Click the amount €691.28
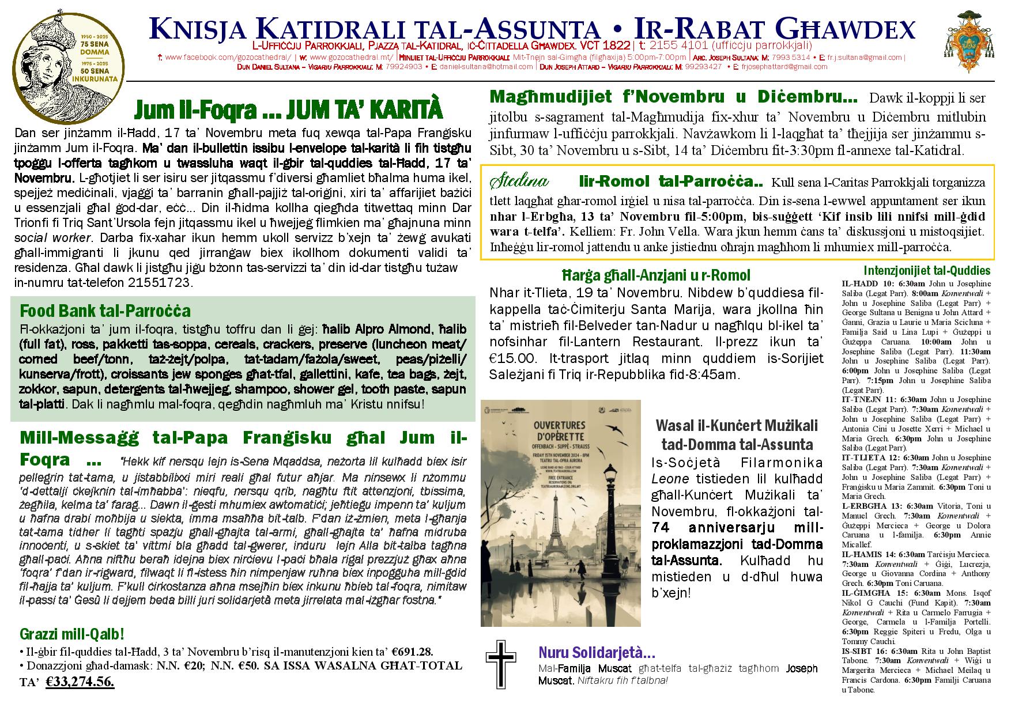tap(412, 652)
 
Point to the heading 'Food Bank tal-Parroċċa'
tap(105, 312)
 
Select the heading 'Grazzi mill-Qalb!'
tap(72, 634)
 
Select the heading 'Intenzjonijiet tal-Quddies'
tap(927, 271)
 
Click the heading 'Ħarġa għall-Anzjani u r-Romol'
tap(657, 275)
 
